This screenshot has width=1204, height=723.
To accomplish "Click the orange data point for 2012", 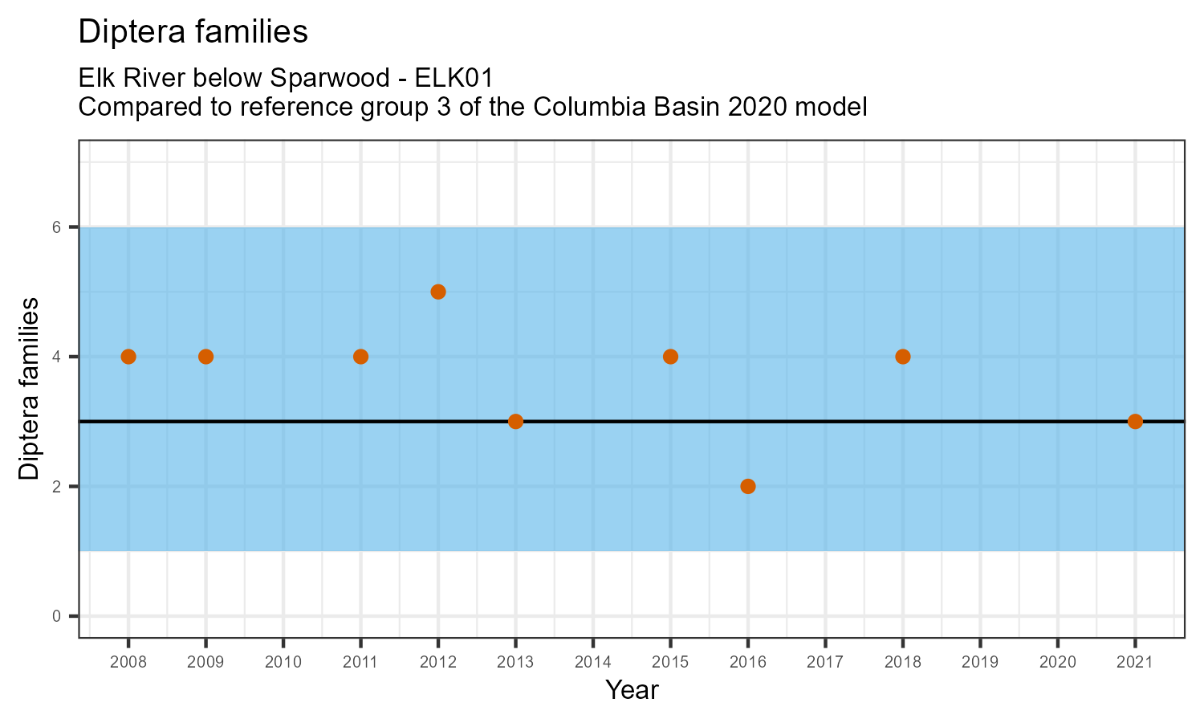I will [x=438, y=292].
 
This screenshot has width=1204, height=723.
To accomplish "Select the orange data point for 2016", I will [x=748, y=486].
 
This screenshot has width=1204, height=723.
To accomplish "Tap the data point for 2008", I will [x=128, y=357].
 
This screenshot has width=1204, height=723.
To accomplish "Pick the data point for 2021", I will [x=1135, y=422].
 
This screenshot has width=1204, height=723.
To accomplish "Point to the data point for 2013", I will [x=515, y=422].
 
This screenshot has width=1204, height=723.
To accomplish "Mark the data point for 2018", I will [x=903, y=357].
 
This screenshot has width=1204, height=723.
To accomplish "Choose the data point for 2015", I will [x=670, y=357].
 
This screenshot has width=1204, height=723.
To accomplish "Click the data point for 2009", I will [x=205, y=357].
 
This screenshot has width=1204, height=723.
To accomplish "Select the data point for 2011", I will [x=360, y=357].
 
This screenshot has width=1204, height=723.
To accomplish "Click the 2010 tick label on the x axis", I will [x=283, y=663].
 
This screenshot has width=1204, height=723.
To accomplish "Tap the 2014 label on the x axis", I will [x=593, y=663].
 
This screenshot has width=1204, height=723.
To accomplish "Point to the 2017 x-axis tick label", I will [x=825, y=663].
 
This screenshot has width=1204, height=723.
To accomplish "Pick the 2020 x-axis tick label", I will [x=1057, y=663].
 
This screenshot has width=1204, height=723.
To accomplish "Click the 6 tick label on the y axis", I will [x=56, y=227].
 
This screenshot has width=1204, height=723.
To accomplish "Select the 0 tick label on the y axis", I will [x=56, y=616].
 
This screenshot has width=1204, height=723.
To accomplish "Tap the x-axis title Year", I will [x=632, y=690].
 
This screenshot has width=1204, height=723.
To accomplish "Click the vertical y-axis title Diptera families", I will [x=29, y=389].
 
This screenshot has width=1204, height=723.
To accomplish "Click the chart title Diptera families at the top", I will [x=193, y=31].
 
